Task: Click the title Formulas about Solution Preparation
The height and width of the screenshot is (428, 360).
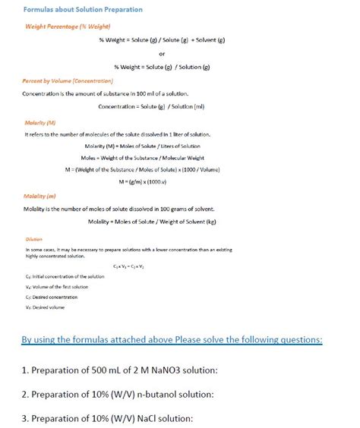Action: point(72,10)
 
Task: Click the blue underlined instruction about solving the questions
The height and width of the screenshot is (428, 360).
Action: point(172,341)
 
